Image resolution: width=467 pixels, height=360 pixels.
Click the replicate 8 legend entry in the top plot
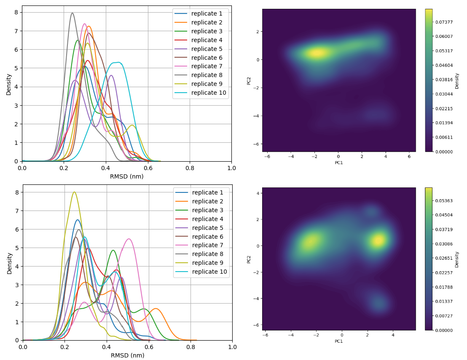click(x=207, y=75)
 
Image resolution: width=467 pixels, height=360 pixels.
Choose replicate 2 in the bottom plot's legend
click(x=208, y=201)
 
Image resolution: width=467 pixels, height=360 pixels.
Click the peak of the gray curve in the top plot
click(x=72, y=13)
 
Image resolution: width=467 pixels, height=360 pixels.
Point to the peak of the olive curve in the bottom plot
click(x=74, y=192)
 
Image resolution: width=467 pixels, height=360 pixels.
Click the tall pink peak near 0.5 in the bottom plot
click(x=129, y=239)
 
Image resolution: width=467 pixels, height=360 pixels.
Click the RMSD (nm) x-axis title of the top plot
click(x=126, y=176)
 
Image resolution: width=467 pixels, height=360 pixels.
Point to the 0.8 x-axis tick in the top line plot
click(x=190, y=168)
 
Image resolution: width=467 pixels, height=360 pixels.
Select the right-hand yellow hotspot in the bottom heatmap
click(x=378, y=240)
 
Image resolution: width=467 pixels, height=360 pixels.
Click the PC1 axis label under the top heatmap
click(x=339, y=163)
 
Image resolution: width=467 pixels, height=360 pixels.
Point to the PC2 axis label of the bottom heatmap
click(x=249, y=259)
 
